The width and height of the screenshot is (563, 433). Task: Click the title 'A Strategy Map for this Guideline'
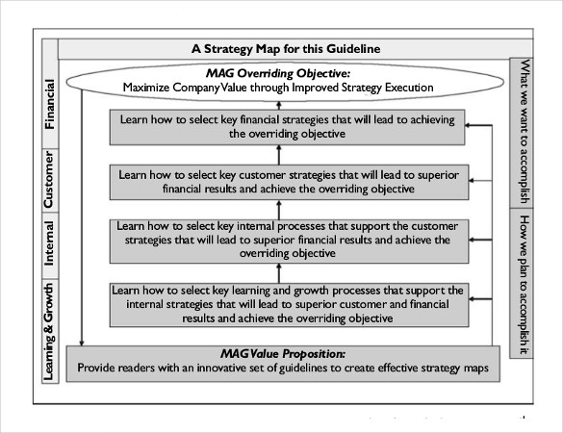pos(285,49)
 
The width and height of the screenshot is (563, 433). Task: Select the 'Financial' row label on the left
pos(49,103)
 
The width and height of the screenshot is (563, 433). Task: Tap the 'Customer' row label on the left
pos(49,180)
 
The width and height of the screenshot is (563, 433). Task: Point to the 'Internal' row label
pos(49,242)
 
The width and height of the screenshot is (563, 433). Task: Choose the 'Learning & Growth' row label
pos(49,330)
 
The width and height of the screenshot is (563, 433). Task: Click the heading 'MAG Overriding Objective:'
pos(278,72)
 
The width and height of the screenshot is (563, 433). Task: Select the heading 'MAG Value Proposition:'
pos(278,353)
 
